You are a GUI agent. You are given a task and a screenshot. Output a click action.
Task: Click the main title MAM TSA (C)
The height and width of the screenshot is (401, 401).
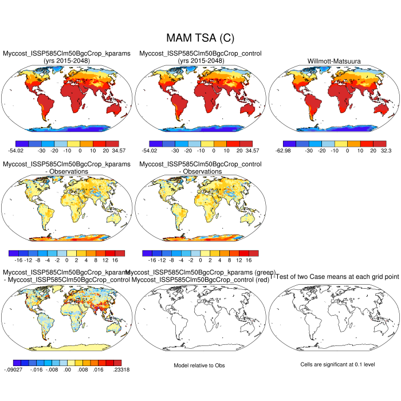pyautogui.click(x=200, y=38)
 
